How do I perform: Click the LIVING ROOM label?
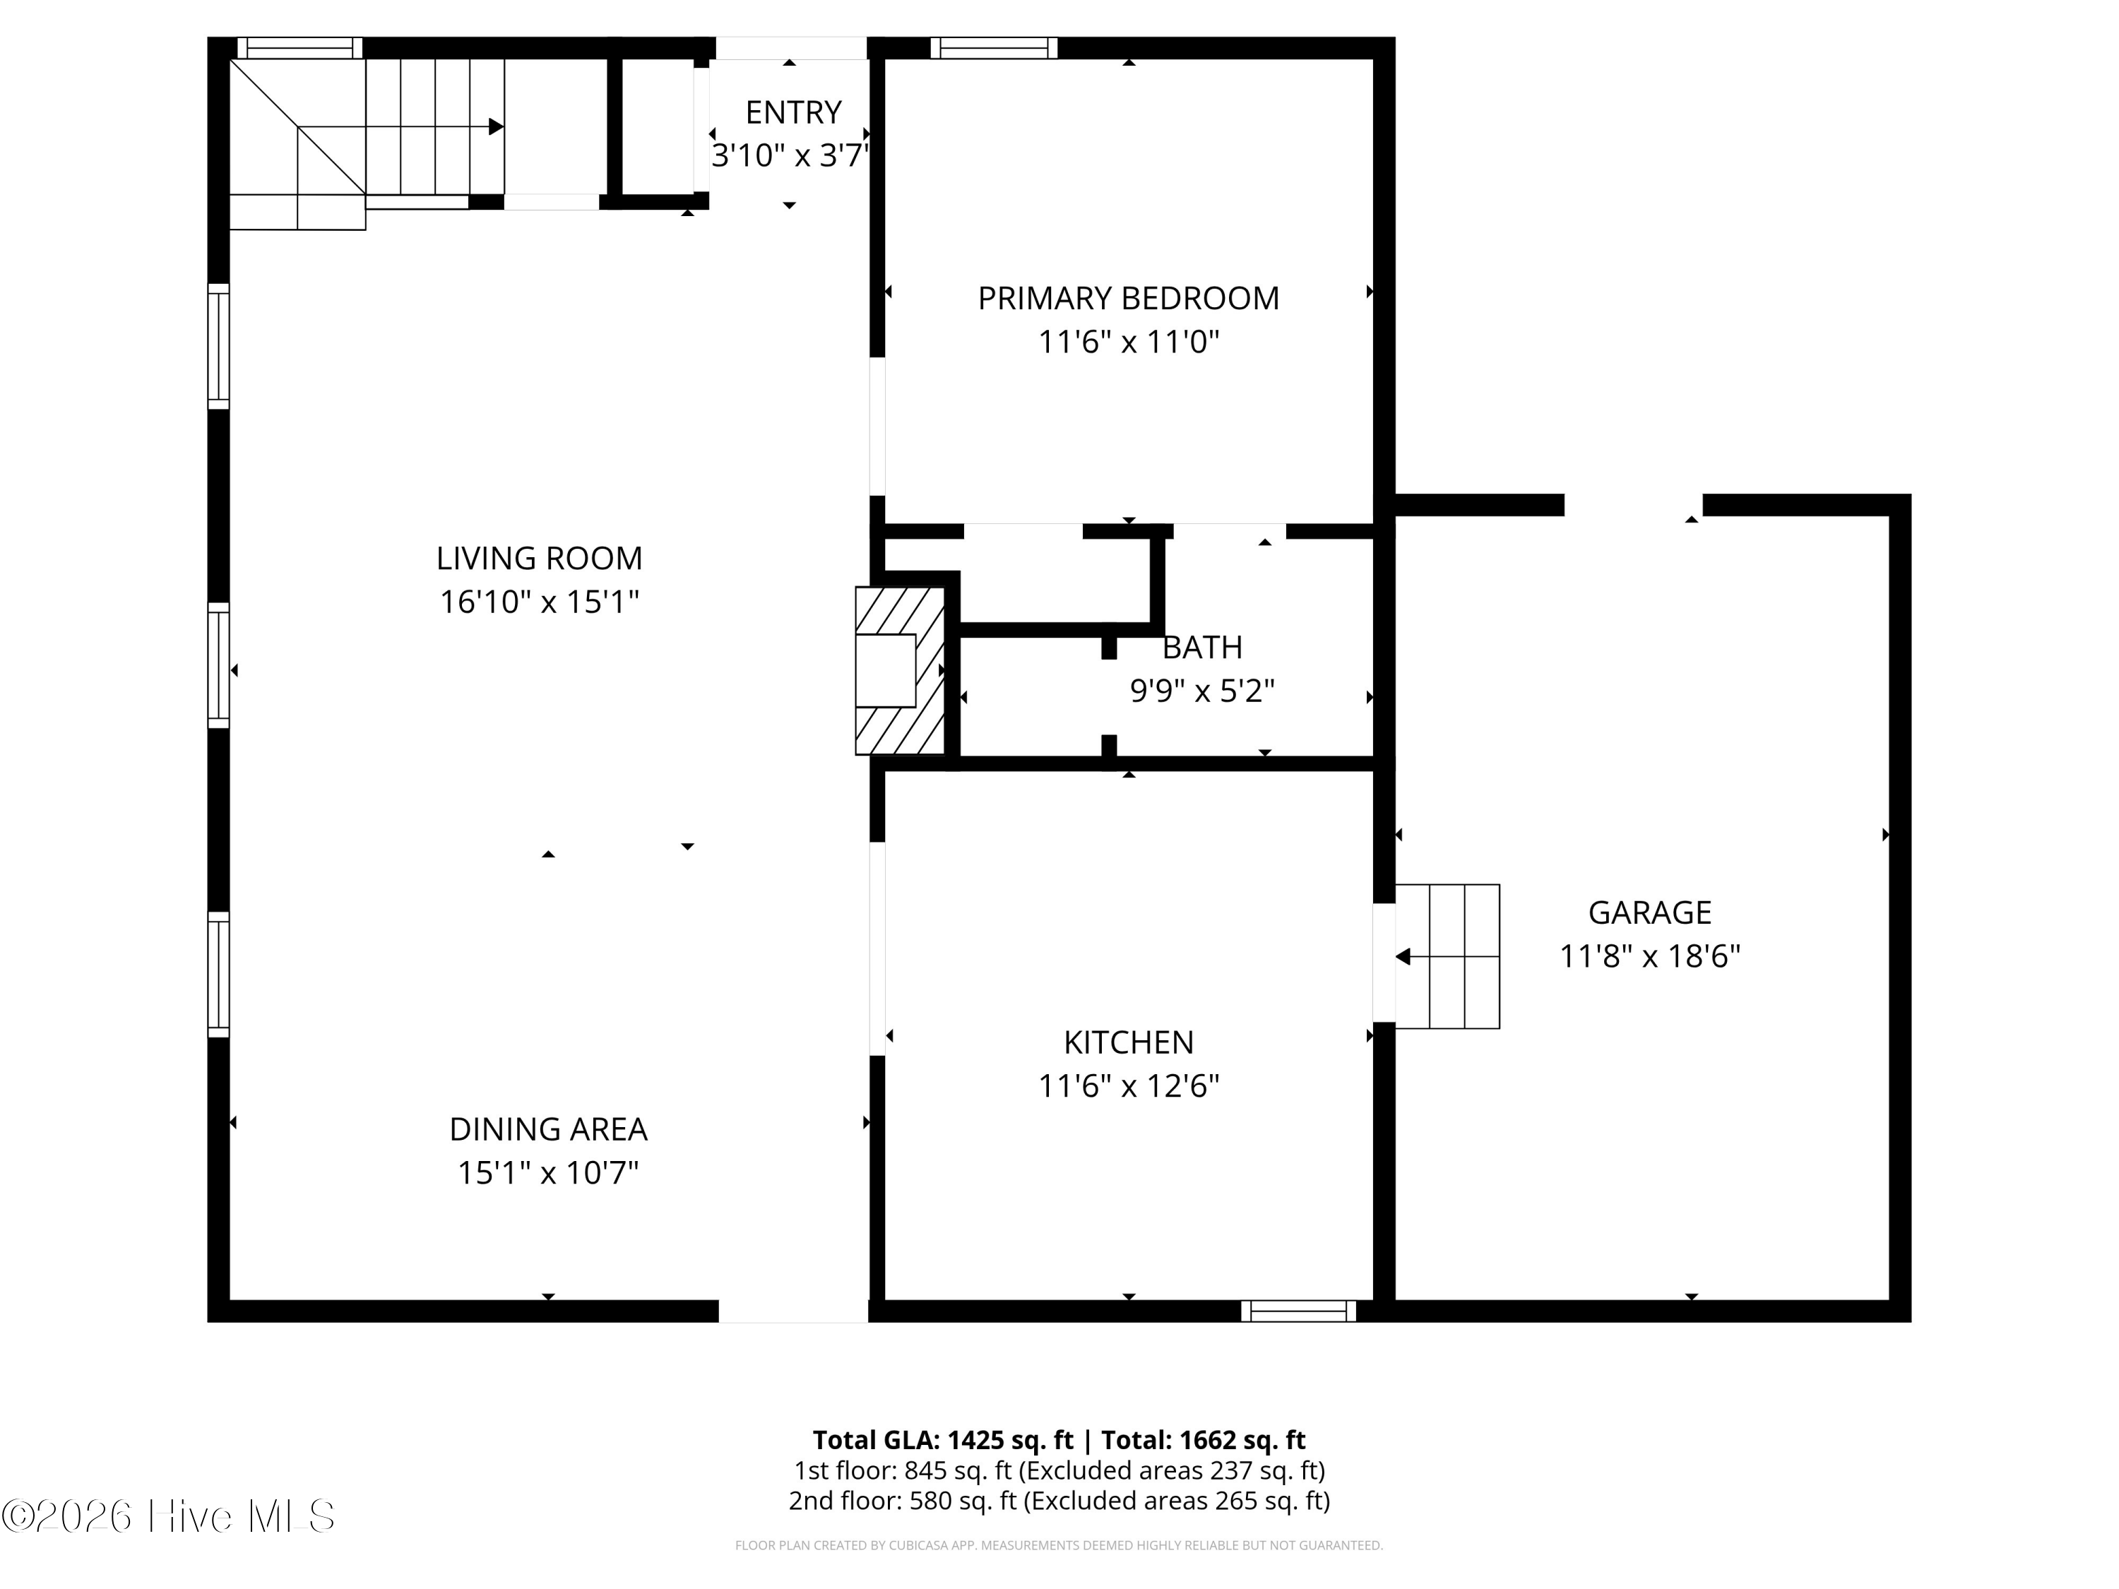[x=540, y=557]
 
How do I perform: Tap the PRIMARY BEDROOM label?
[x=1129, y=298]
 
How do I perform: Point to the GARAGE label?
[x=1649, y=912]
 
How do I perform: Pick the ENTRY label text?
[x=793, y=112]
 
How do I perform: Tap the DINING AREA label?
[x=548, y=1129]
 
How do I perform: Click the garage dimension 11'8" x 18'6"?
[x=1649, y=956]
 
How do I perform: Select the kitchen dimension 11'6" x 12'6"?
[x=1129, y=1085]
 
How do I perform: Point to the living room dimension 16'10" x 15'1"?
[x=540, y=602]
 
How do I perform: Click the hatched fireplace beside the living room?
[x=901, y=670]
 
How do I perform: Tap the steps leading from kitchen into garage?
[x=1447, y=956]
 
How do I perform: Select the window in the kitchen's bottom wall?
[x=1298, y=1311]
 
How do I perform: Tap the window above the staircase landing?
[x=300, y=48]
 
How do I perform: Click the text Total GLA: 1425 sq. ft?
[x=943, y=1439]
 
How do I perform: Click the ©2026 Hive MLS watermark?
[x=169, y=1516]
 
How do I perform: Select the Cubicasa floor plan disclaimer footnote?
[x=1059, y=1545]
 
